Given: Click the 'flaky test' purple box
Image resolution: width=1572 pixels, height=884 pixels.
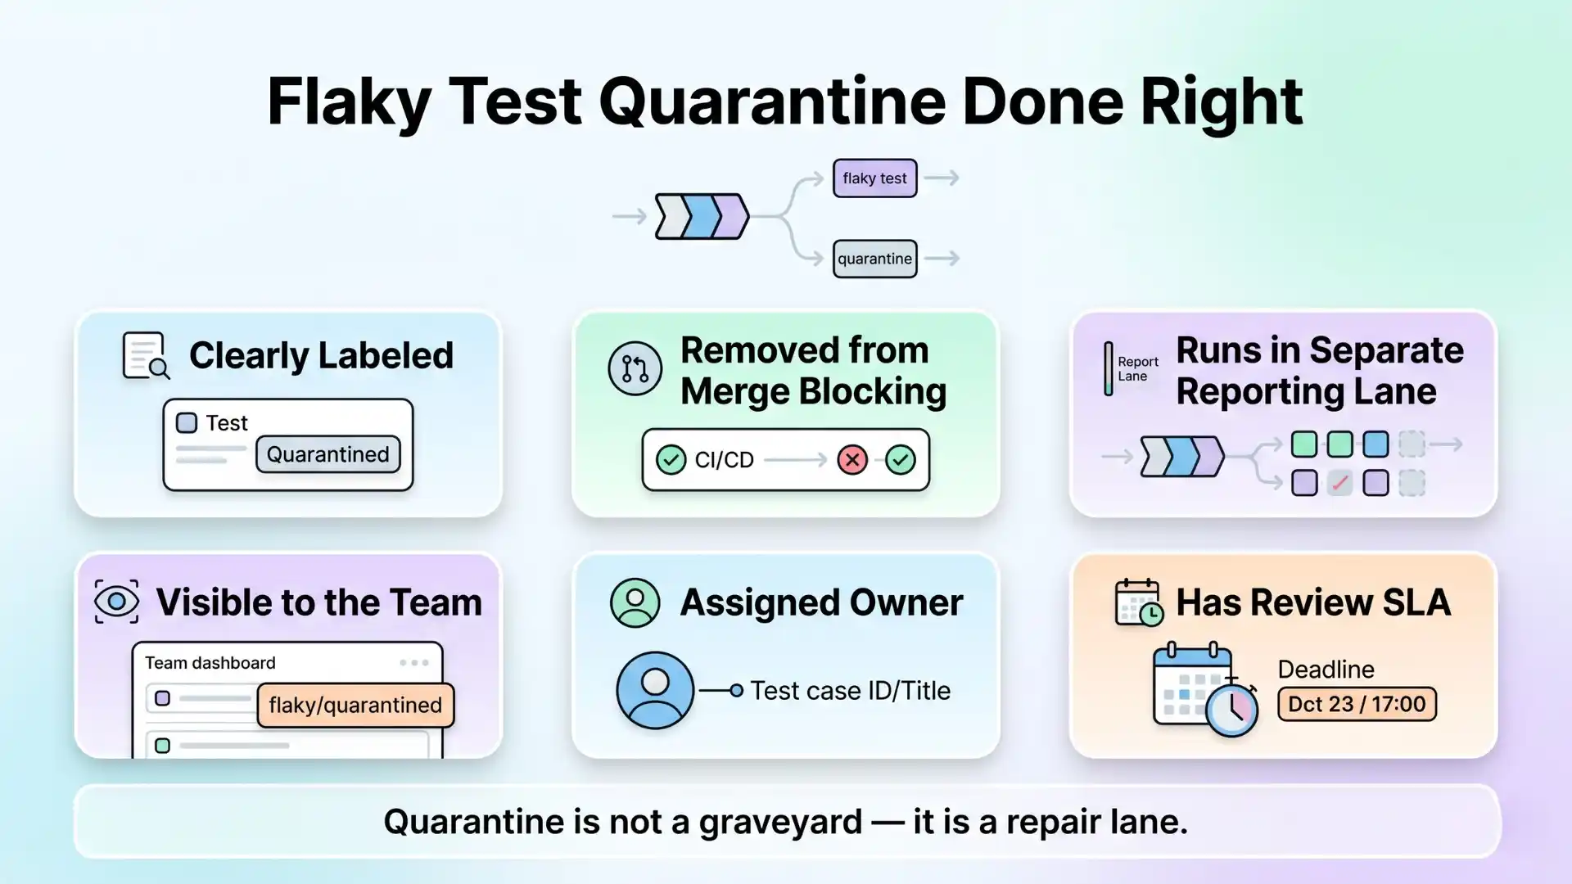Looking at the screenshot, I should point(874,178).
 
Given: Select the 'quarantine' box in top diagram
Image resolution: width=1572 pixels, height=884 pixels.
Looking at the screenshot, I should point(874,259).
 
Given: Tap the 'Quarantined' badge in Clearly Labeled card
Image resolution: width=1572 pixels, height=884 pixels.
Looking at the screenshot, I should point(327,454).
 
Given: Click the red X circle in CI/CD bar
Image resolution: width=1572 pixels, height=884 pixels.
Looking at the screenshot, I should point(852,460).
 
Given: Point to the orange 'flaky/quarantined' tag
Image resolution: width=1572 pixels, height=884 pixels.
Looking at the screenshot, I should point(355,705).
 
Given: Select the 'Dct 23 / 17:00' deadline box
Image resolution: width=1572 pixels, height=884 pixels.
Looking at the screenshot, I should point(1357,704).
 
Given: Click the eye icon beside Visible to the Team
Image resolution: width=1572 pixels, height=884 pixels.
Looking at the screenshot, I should point(116,602).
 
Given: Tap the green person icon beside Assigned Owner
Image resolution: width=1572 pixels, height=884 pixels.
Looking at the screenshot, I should point(635,602).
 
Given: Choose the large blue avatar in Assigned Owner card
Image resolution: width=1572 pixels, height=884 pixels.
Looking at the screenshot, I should point(655,690).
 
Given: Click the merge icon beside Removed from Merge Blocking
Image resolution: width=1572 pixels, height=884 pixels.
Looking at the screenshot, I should point(635,368).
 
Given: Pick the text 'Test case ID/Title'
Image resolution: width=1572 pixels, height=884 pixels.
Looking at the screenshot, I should point(850,691).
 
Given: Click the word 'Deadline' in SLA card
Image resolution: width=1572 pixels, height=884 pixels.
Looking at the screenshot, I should point(1326,669).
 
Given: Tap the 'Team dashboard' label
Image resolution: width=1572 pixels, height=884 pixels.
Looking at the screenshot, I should point(210,663).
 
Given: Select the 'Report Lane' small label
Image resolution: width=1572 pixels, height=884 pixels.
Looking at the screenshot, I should point(1137,368).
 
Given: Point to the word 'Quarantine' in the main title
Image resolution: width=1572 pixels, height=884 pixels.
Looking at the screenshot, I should point(771,101).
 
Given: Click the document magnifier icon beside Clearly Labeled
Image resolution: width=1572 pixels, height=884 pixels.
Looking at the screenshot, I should point(146,356).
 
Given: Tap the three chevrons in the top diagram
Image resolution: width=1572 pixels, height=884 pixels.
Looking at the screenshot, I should point(702,216).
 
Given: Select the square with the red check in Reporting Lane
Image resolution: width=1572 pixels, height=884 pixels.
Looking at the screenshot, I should point(1339,483).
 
